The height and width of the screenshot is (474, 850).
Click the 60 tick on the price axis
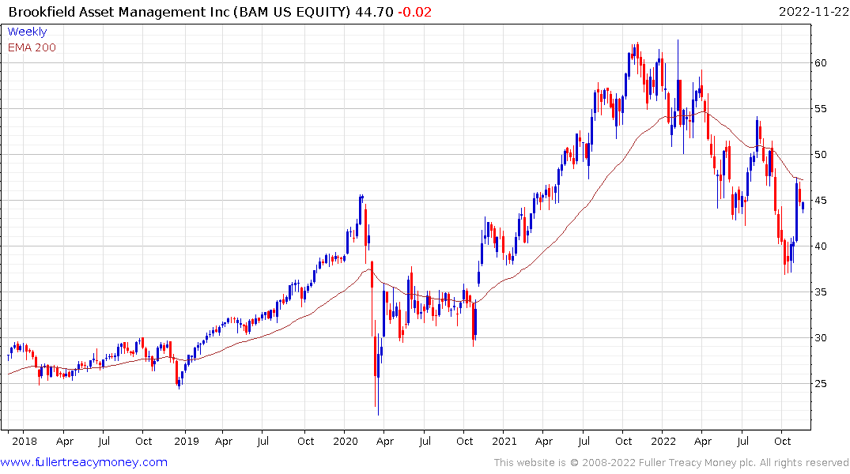point(823,63)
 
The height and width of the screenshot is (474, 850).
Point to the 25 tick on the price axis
point(823,384)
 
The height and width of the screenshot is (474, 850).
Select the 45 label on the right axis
point(823,201)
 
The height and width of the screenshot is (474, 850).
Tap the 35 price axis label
point(823,292)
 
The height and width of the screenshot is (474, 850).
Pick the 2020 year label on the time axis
point(346,442)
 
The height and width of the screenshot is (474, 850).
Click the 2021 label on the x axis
point(504,442)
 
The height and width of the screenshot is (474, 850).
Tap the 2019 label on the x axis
point(185,442)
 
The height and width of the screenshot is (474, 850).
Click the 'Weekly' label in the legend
point(27,32)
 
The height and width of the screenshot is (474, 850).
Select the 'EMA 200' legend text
point(32,47)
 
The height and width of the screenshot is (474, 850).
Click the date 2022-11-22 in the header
point(812,12)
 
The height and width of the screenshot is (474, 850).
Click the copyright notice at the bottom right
point(671,462)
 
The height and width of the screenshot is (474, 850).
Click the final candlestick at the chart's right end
point(803,207)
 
